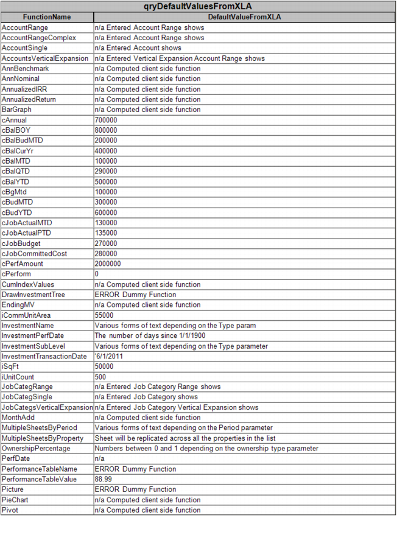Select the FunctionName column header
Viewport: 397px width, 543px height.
point(47,17)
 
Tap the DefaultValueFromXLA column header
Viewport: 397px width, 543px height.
point(244,17)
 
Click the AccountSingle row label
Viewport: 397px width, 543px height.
point(24,48)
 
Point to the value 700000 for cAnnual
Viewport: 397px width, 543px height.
point(106,120)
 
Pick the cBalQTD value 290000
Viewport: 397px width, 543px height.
point(106,172)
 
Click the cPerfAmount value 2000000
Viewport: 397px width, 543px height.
point(108,264)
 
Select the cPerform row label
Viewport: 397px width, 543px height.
point(16,274)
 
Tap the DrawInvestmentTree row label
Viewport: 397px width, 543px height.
point(33,295)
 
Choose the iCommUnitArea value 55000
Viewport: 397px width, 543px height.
point(104,315)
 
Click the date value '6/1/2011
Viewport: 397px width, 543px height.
point(110,356)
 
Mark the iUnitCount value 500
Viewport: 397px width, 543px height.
point(100,377)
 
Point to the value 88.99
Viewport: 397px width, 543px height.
point(104,479)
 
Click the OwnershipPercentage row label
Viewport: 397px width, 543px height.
point(36,449)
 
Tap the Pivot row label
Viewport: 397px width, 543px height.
point(10,510)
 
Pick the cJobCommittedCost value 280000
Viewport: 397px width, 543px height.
point(106,253)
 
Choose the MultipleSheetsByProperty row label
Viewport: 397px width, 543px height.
point(43,438)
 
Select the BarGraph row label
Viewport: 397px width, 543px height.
point(16,110)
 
